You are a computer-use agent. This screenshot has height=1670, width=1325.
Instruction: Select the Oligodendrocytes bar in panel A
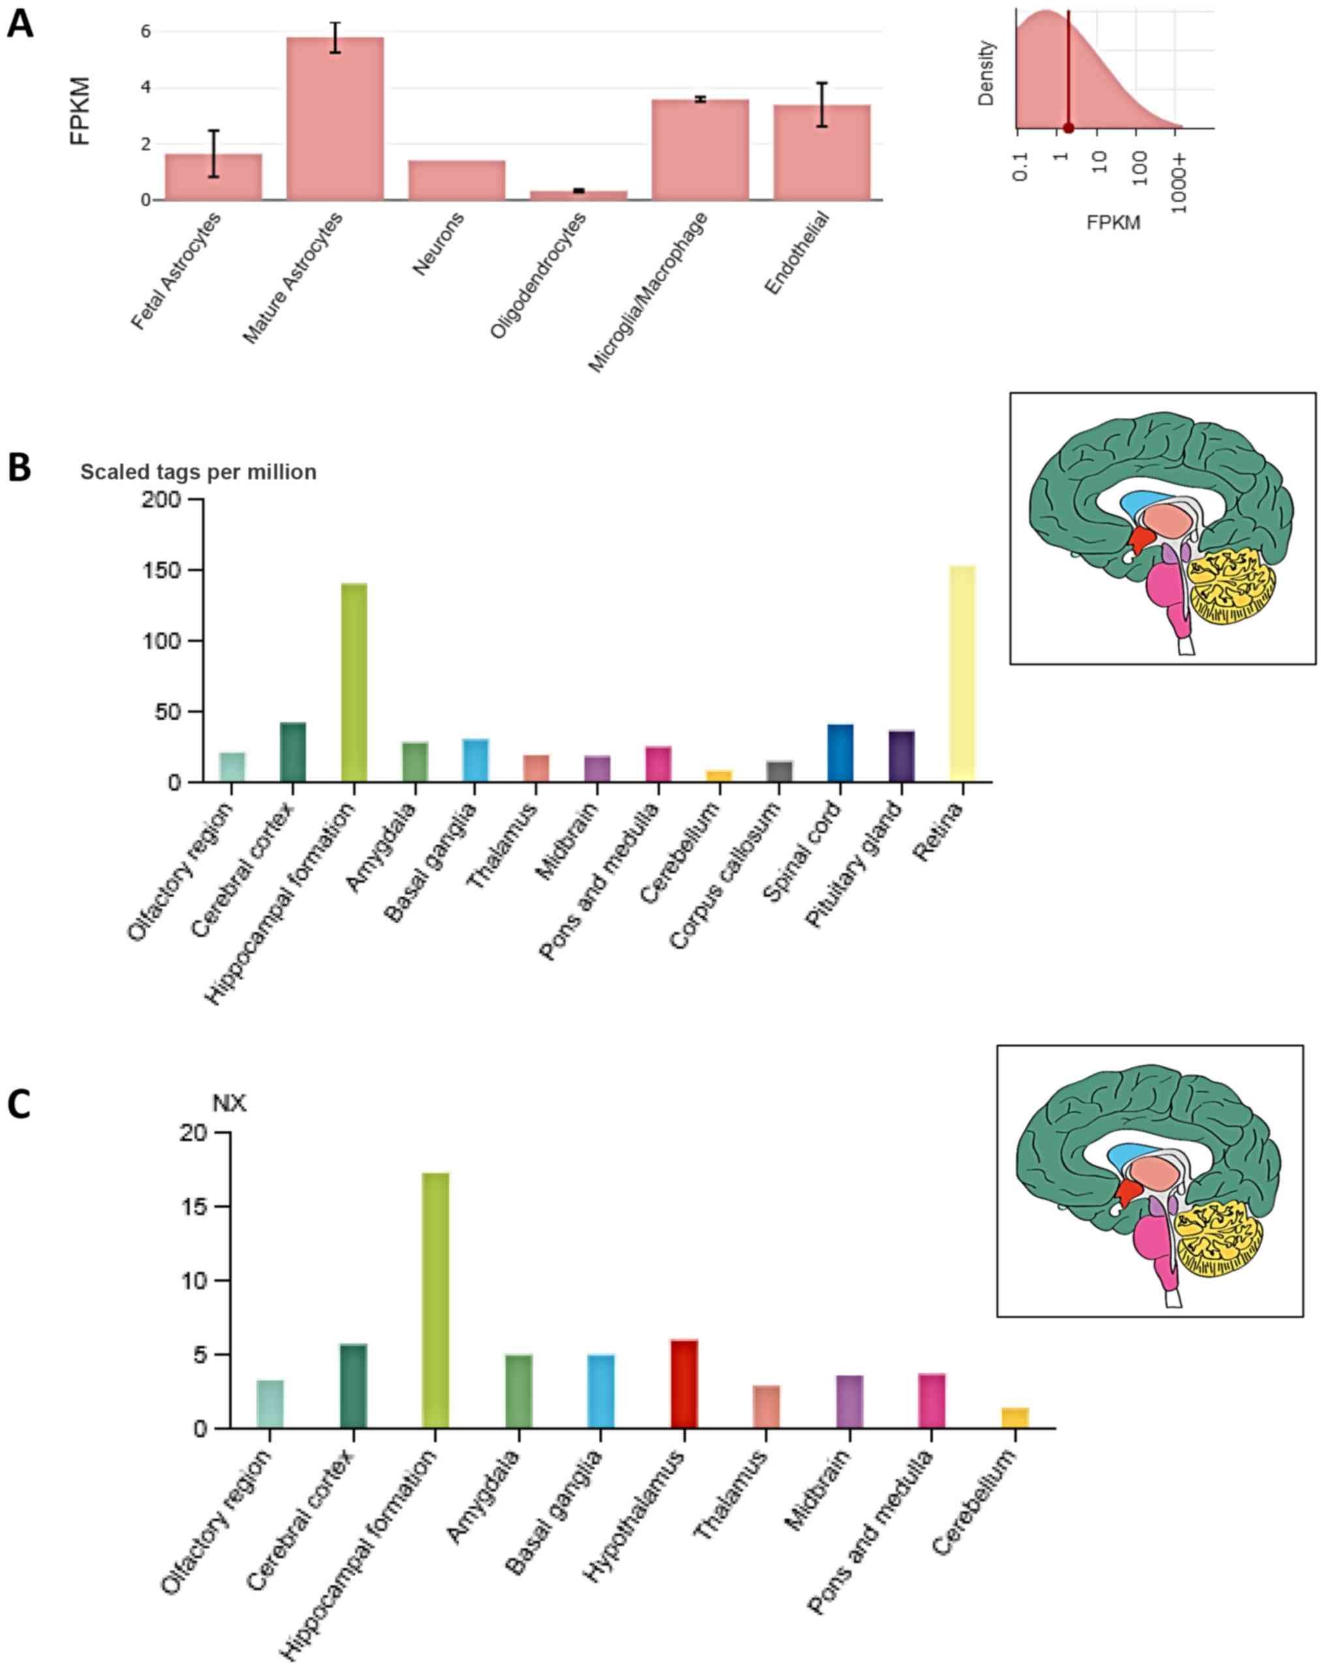tap(578, 195)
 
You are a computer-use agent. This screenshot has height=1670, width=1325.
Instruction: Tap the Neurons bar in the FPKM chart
tap(457, 181)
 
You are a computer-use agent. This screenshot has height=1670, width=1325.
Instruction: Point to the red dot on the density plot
tap(1068, 128)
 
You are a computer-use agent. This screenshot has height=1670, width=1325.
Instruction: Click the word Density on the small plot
tap(986, 74)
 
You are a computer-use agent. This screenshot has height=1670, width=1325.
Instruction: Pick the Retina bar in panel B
tap(962, 673)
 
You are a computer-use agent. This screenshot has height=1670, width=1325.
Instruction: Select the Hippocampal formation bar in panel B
tap(354, 682)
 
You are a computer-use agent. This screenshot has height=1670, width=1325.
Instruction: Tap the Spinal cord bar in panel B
tap(840, 753)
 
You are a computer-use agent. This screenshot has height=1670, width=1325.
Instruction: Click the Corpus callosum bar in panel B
tap(779, 771)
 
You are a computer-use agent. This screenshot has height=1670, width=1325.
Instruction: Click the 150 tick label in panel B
tap(162, 570)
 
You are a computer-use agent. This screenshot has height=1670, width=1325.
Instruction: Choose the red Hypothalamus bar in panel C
tap(684, 1382)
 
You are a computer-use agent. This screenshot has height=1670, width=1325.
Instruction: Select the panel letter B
tap(19, 468)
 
